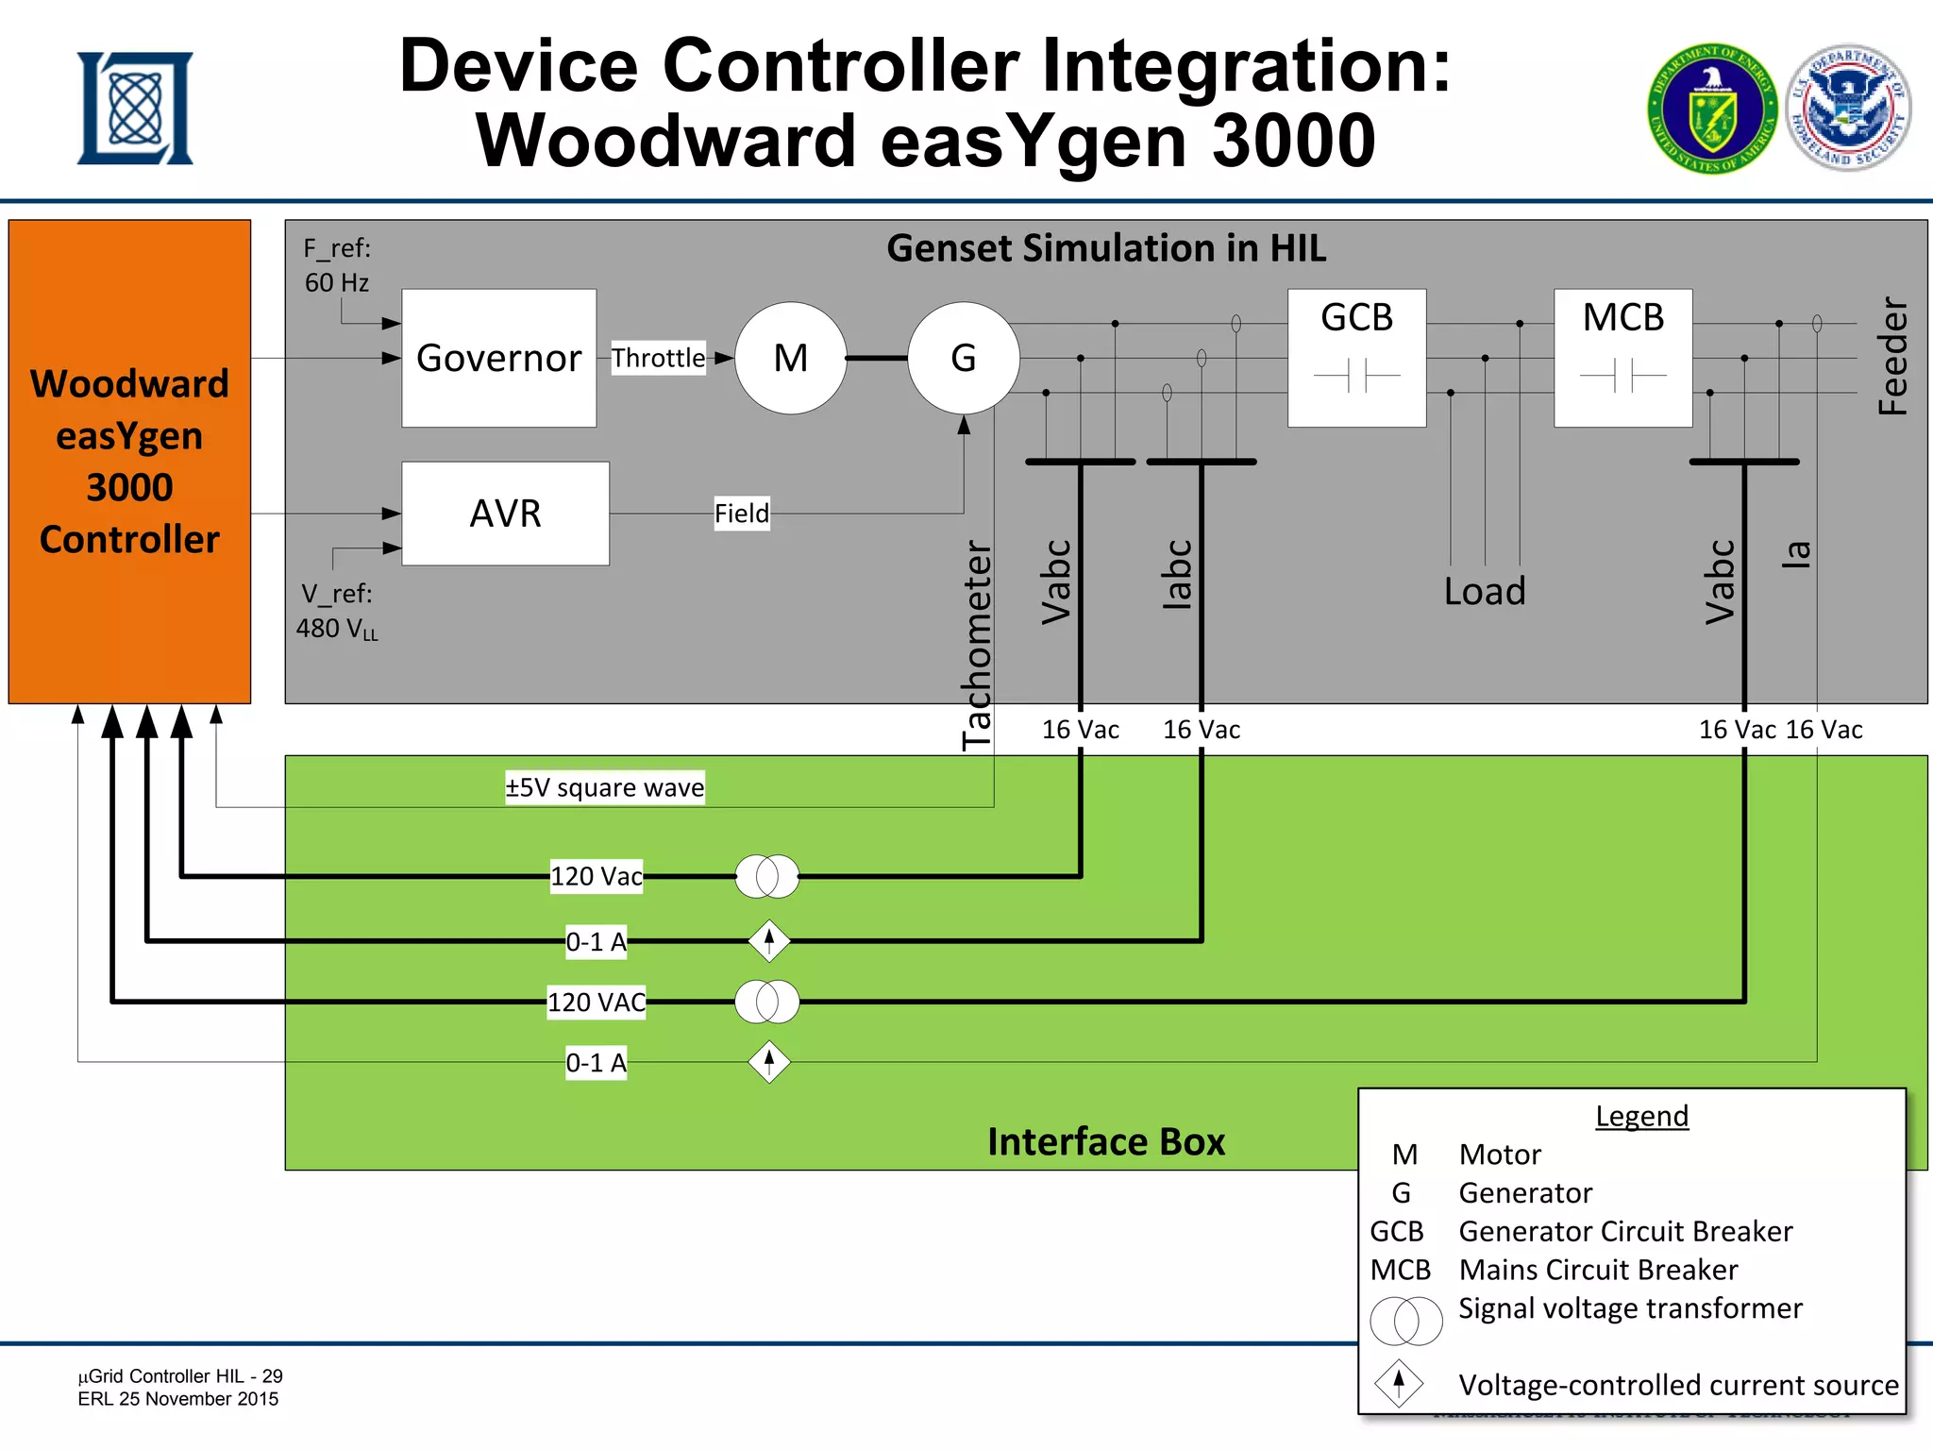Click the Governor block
click(498, 358)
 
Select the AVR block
click(505, 514)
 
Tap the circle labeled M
click(790, 358)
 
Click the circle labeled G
click(963, 358)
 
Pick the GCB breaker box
click(1356, 358)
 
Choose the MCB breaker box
click(1622, 358)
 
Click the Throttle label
click(658, 358)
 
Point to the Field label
click(741, 514)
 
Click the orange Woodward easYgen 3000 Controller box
click(129, 462)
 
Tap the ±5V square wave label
click(604, 787)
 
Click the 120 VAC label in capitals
click(597, 1002)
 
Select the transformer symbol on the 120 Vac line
click(766, 876)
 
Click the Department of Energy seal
click(1712, 109)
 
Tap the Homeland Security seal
click(1849, 107)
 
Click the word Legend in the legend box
click(1641, 1116)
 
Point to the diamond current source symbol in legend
click(1399, 1383)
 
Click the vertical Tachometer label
click(978, 645)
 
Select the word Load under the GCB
click(1485, 591)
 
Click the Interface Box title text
click(1106, 1141)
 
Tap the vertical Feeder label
click(1892, 357)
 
